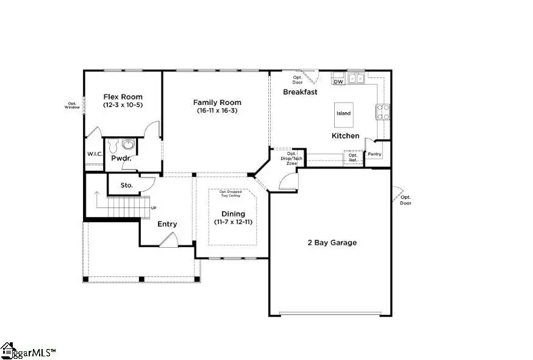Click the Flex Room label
coord(123,97)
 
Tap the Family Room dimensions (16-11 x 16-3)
coord(217,111)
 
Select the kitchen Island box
coord(343,113)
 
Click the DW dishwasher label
coord(338,81)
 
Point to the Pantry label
coord(374,154)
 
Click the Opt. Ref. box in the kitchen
coord(353,157)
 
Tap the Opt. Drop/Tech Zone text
coord(284,158)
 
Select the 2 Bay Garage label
coord(332,243)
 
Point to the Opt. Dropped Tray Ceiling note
coord(230,193)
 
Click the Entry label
coord(167,224)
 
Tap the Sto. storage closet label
coord(126,185)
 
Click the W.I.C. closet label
coord(94,154)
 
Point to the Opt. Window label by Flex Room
coord(73,105)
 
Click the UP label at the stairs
coord(154,208)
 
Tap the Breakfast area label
coord(300,92)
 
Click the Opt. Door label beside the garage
coord(406,200)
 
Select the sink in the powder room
coord(128,145)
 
